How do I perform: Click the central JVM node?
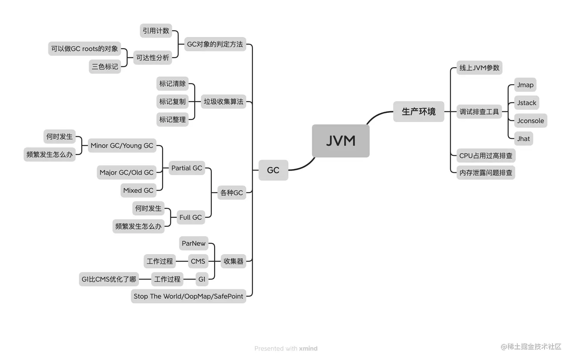point(340,141)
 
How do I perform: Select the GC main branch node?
point(273,170)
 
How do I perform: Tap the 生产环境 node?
point(418,112)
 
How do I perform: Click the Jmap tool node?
point(525,85)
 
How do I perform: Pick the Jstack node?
point(526,103)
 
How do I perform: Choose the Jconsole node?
point(530,121)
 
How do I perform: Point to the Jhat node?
point(523,138)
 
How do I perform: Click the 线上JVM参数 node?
point(479,68)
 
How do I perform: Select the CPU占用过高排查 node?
point(486,155)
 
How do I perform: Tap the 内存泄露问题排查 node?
point(486,173)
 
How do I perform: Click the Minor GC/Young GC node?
point(122,146)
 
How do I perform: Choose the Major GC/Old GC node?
point(127,172)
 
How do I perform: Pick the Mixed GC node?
point(138,191)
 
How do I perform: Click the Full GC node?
point(191,217)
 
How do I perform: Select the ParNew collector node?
point(193,243)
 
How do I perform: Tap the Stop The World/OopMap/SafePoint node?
point(188,296)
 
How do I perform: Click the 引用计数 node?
point(156,31)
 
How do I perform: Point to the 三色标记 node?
point(105,67)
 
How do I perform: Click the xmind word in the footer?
point(308,348)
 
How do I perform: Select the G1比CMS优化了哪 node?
point(109,279)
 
